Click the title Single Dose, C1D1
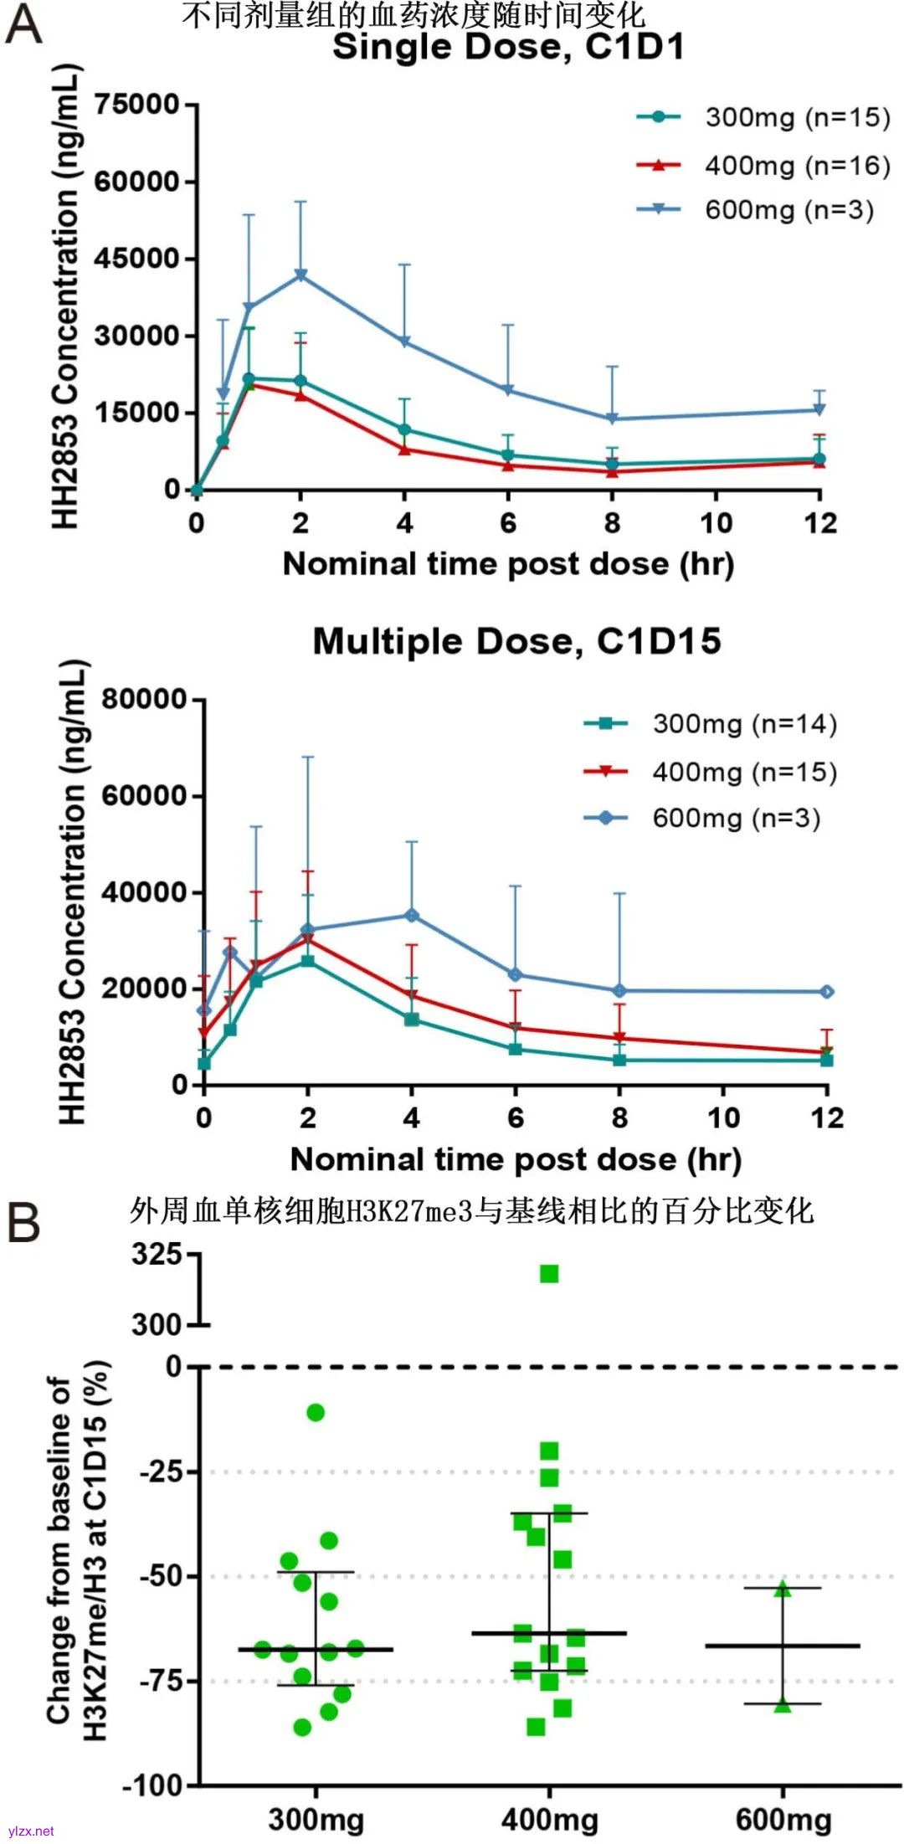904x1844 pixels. (x=508, y=47)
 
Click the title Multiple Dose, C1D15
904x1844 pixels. (x=516, y=642)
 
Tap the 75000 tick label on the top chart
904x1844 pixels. (x=137, y=105)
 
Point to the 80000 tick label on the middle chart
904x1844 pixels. (x=144, y=700)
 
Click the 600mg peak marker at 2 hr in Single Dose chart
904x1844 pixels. (x=300, y=275)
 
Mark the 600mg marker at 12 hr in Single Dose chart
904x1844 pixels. (x=820, y=409)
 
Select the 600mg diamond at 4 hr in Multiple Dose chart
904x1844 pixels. (x=412, y=916)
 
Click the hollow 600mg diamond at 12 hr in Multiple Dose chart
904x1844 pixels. (x=827, y=992)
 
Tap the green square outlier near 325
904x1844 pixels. (x=549, y=1274)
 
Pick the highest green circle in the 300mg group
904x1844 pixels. (x=316, y=1413)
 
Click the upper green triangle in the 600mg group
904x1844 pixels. (x=782, y=1590)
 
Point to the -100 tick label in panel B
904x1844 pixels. (x=153, y=1786)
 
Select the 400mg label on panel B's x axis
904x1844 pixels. (x=550, y=1819)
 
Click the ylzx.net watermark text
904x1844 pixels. (x=30, y=1831)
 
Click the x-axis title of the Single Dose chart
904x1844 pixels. (x=508, y=564)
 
